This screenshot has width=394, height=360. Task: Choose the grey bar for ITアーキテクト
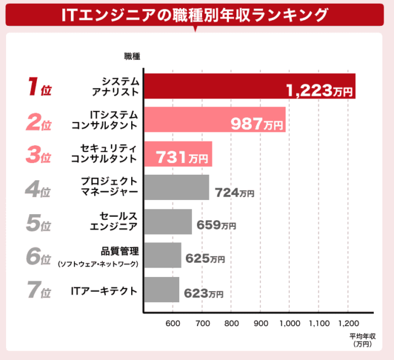(x=161, y=289)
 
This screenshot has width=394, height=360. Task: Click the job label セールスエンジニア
(x=115, y=221)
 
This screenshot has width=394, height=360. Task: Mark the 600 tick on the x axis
(x=172, y=323)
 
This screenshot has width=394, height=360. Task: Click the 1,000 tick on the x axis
(x=289, y=323)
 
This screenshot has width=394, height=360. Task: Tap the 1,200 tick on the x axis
(x=348, y=323)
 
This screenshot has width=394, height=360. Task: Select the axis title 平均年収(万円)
(x=361, y=341)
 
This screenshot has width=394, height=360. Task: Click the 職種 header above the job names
(x=133, y=56)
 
